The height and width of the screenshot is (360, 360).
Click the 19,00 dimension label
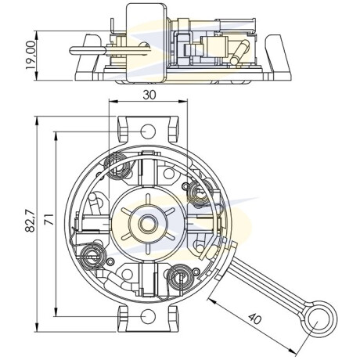[31, 55]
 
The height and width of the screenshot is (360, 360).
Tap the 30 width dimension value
[149, 95]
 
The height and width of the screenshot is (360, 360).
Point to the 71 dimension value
[49, 220]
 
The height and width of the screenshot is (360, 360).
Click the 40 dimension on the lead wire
[254, 319]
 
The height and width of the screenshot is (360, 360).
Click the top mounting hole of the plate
[148, 131]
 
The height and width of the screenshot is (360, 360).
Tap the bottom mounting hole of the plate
[148, 316]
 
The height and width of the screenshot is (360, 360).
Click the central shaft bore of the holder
[148, 224]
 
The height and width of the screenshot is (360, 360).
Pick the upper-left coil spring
[117, 166]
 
